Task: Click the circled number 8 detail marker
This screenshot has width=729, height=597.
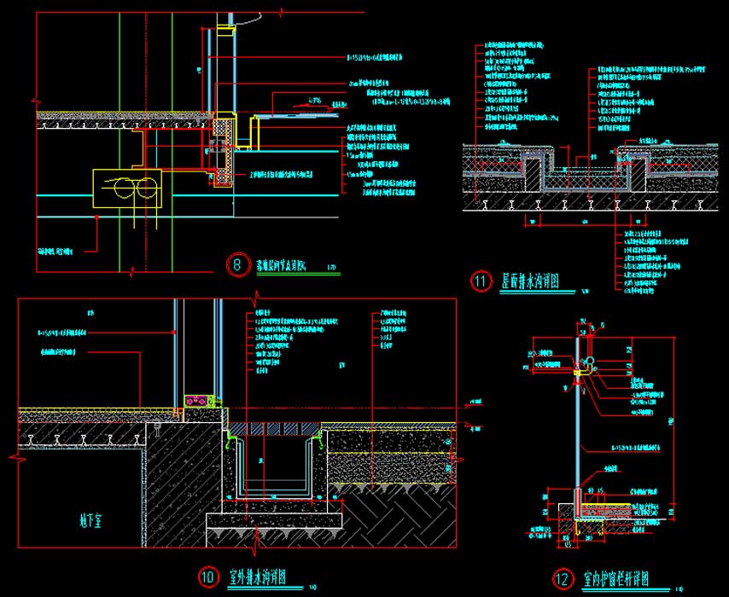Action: (x=237, y=264)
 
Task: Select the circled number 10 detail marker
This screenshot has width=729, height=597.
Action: (x=207, y=577)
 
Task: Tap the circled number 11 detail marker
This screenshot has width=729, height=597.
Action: (x=481, y=281)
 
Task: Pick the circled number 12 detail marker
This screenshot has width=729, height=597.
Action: (x=562, y=579)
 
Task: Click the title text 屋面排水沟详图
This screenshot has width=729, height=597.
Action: (x=529, y=281)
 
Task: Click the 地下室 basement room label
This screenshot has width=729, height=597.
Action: (x=83, y=518)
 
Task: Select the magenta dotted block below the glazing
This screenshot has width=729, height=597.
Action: (x=198, y=399)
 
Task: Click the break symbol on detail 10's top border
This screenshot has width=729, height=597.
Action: (x=258, y=299)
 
